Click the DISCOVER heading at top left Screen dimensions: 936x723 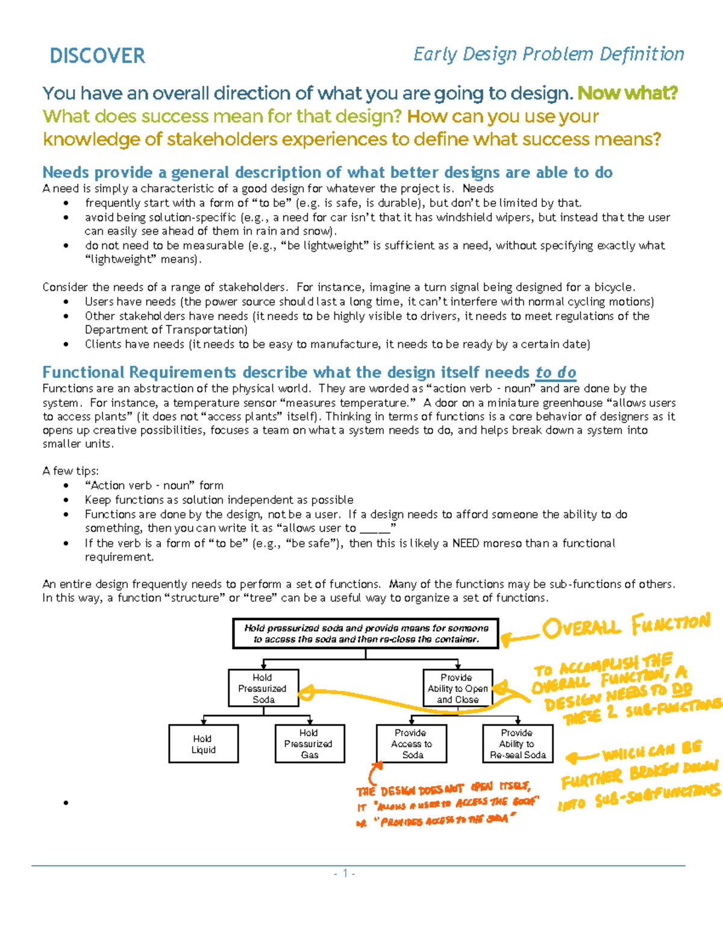pos(97,56)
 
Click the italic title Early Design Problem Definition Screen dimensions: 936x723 pos(548,54)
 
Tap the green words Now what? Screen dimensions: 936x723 pos(627,93)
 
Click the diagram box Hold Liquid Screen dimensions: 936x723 pos(204,744)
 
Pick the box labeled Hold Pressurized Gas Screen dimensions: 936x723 pos(310,744)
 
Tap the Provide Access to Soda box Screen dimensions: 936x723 pos(412,744)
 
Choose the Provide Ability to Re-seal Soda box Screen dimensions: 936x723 pos(518,744)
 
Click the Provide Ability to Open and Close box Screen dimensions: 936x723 pos(458,688)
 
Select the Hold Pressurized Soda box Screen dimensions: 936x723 pos(263,688)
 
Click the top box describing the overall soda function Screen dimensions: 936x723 pos(366,633)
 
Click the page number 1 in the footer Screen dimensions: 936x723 pos(345,873)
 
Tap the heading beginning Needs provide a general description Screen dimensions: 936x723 pos(327,172)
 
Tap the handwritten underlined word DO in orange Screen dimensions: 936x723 pos(681,689)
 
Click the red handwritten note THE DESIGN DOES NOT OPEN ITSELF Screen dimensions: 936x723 pos(443,789)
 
